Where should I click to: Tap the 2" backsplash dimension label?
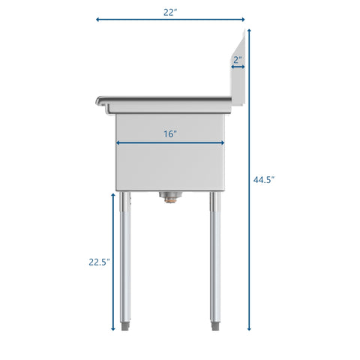tap(237, 59)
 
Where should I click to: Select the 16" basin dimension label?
tap(170, 134)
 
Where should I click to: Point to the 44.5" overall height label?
tap(264, 180)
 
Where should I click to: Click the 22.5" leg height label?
tap(98, 262)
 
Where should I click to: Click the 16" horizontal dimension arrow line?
tap(170, 143)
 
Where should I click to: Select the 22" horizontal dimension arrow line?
tap(170, 19)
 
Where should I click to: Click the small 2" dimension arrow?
tap(238, 67)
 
